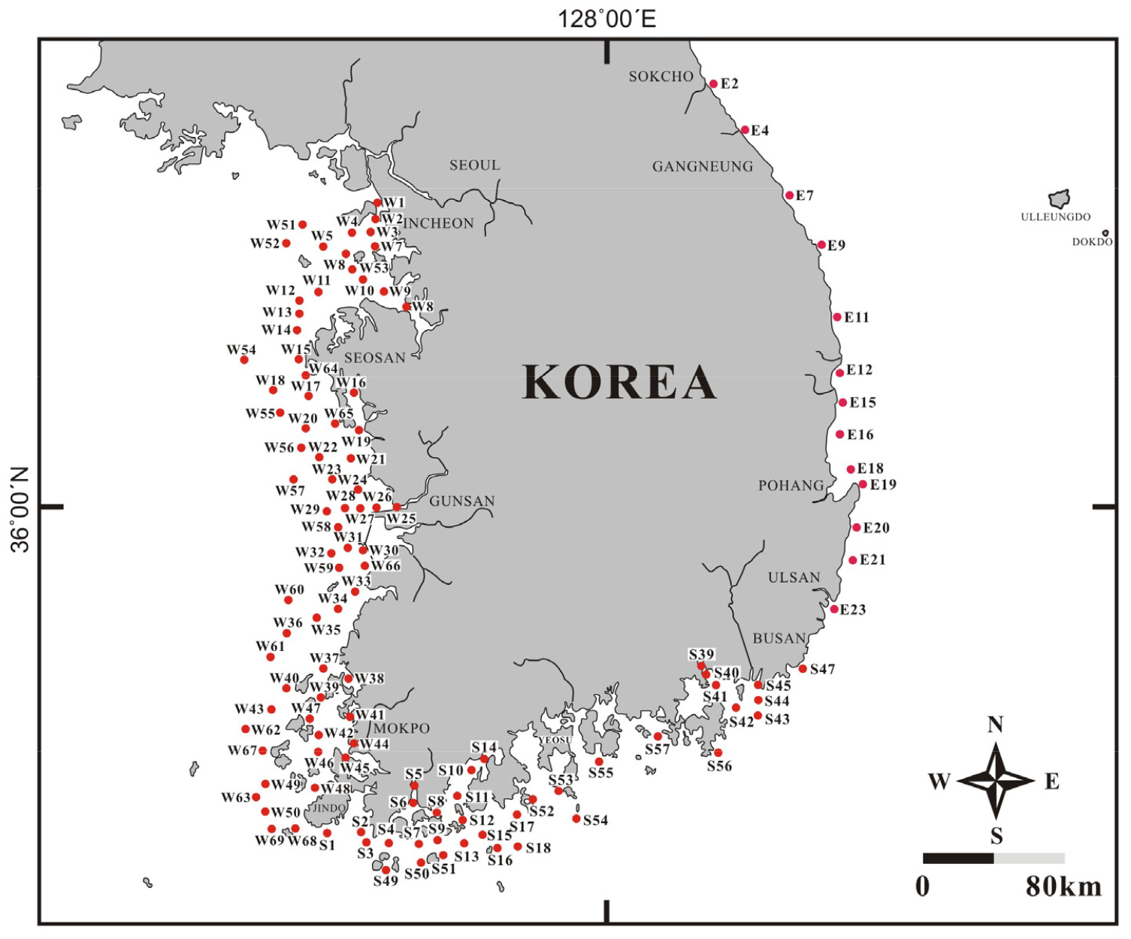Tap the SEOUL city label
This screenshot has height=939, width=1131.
point(474,165)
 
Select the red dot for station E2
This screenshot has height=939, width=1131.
point(713,84)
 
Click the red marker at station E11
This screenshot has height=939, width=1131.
point(837,317)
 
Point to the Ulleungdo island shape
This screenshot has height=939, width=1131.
point(1060,199)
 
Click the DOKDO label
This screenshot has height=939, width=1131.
point(1092,242)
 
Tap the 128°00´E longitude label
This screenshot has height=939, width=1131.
point(606,18)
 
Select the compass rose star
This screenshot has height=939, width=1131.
point(996,781)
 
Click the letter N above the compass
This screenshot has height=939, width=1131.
point(995,725)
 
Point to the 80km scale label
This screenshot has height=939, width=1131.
point(1063,887)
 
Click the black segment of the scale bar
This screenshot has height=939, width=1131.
point(958,858)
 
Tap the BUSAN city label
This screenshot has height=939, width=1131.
point(779,639)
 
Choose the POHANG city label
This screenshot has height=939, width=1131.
point(791,486)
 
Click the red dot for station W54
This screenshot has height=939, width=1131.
point(244,360)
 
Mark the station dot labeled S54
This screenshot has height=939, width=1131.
point(576,819)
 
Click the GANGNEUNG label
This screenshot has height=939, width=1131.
point(702,167)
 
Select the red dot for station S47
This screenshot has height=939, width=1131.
point(803,669)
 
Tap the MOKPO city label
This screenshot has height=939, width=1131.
point(401,728)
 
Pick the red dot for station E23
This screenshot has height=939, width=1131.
point(834,609)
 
